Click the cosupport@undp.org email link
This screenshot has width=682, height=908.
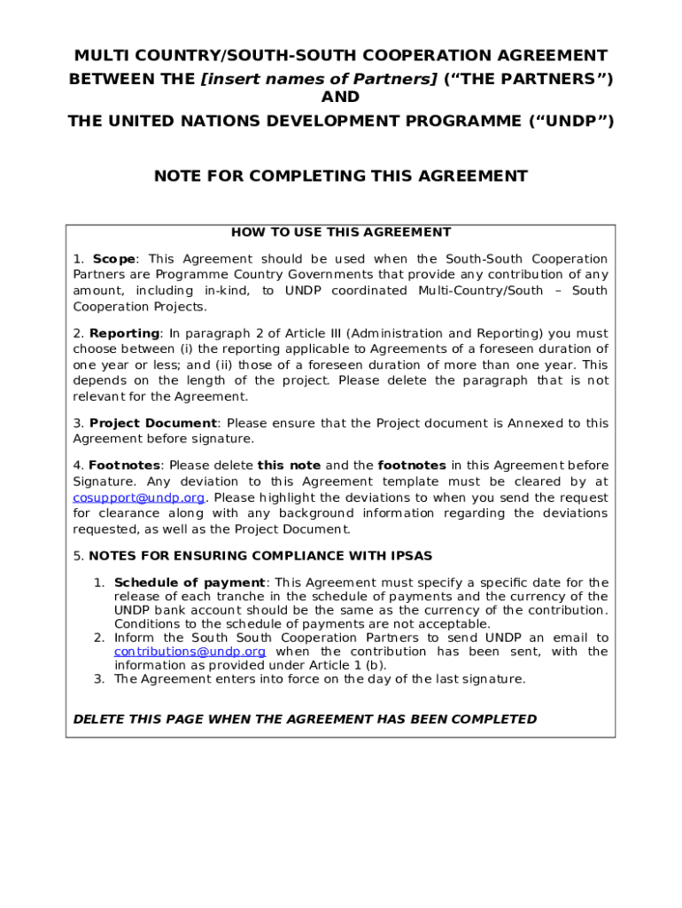pyautogui.click(x=139, y=497)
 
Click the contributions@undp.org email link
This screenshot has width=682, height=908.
pyautogui.click(x=190, y=652)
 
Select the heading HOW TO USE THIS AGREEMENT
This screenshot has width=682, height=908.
pyautogui.click(x=341, y=232)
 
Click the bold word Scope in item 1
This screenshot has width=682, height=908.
pyautogui.click(x=114, y=259)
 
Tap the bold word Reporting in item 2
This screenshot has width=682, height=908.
pyautogui.click(x=124, y=333)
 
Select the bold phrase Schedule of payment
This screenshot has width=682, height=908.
pyautogui.click(x=190, y=583)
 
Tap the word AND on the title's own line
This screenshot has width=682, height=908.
pyautogui.click(x=340, y=98)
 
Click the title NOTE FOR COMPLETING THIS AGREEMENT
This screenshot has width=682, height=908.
pyautogui.click(x=341, y=176)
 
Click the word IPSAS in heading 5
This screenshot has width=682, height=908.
pyautogui.click(x=410, y=556)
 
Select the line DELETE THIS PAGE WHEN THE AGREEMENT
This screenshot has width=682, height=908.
pyautogui.click(x=305, y=719)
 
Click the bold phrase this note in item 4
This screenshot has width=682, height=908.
pyautogui.click(x=289, y=466)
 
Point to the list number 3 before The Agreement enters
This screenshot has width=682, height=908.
pyautogui.click(x=99, y=679)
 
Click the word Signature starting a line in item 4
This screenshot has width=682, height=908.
pyautogui.click(x=104, y=481)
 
